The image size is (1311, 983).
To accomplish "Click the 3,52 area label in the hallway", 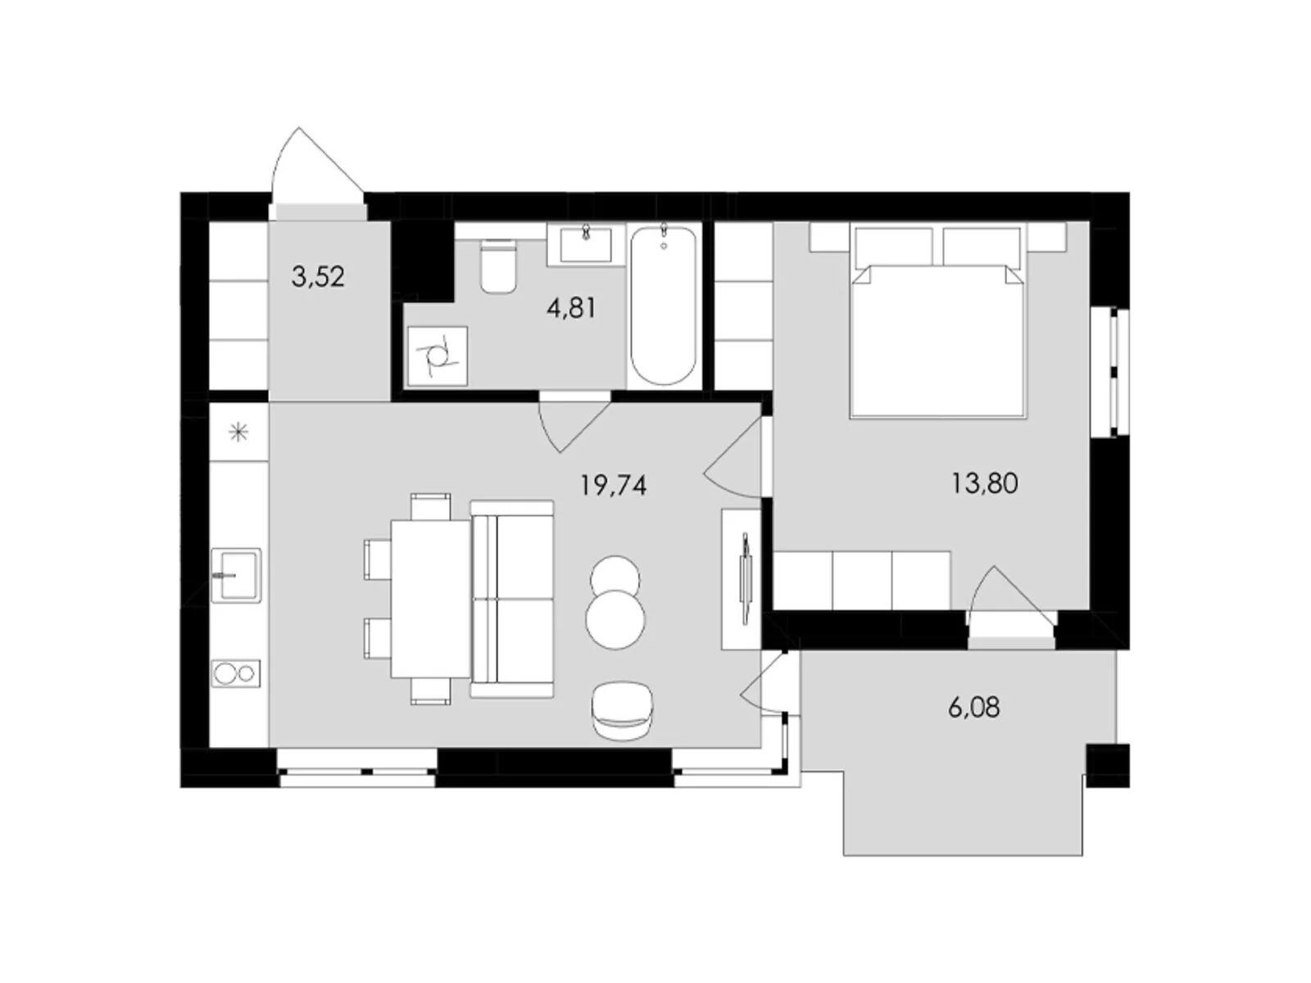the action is pos(318,277).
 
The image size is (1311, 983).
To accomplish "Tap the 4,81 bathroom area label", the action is pos(571,309).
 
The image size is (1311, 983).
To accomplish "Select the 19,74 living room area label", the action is pos(614,486).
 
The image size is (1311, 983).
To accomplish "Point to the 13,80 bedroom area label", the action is pos(984,483).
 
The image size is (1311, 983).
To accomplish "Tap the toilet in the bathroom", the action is pos(498,266).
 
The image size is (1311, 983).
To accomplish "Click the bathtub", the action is pos(664,305).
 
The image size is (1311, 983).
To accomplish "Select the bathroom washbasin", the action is pos(586,245).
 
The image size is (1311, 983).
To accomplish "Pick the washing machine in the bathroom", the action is pos(438,356).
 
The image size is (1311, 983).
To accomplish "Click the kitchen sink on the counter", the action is pos(236,575).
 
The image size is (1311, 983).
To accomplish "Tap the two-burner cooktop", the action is pos(236,674).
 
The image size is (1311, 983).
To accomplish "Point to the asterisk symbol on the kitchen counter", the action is pos(239,432).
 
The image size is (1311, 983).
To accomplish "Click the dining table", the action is pos(431,599).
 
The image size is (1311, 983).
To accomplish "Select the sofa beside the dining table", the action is pos(512,599).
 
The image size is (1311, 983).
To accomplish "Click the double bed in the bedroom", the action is pos(937,321).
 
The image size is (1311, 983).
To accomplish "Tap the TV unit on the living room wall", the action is pos(742,579).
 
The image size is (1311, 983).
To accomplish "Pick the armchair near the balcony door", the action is pos(622,710).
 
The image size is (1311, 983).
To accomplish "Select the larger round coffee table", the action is pos(616,619).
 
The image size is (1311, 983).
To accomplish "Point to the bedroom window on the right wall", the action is pos(1110,373).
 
